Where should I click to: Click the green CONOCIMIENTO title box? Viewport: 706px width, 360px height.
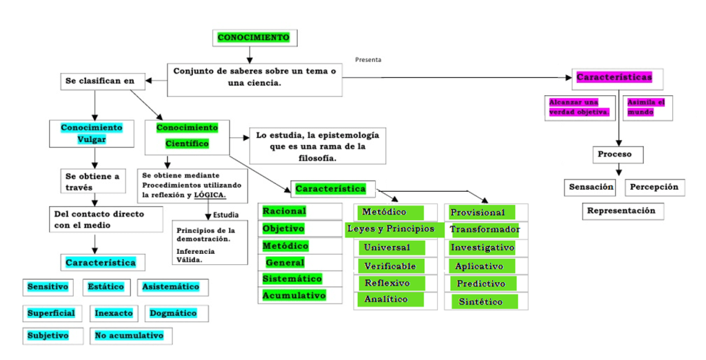[x=253, y=37]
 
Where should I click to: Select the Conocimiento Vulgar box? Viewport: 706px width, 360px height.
[x=91, y=134]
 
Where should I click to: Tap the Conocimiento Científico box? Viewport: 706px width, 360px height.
[x=186, y=135]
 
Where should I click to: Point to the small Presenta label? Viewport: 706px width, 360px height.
[x=368, y=60]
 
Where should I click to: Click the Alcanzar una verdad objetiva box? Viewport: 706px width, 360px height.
[x=579, y=107]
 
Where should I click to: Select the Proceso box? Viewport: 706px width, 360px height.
[x=614, y=154]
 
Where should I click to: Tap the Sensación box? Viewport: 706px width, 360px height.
[x=591, y=187]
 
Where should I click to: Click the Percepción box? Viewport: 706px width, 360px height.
[x=654, y=187]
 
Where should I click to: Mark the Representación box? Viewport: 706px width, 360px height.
[x=621, y=211]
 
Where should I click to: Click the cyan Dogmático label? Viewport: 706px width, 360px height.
[x=173, y=313]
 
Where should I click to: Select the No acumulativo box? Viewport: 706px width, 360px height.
[x=130, y=336]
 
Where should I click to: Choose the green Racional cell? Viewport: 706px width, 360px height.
[x=284, y=211]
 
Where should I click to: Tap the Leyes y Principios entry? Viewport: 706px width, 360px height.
[x=391, y=229]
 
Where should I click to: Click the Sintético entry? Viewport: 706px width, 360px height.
[x=481, y=302]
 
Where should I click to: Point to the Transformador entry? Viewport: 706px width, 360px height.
[x=485, y=229]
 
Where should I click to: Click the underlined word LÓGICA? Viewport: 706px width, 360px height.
[x=210, y=196]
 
